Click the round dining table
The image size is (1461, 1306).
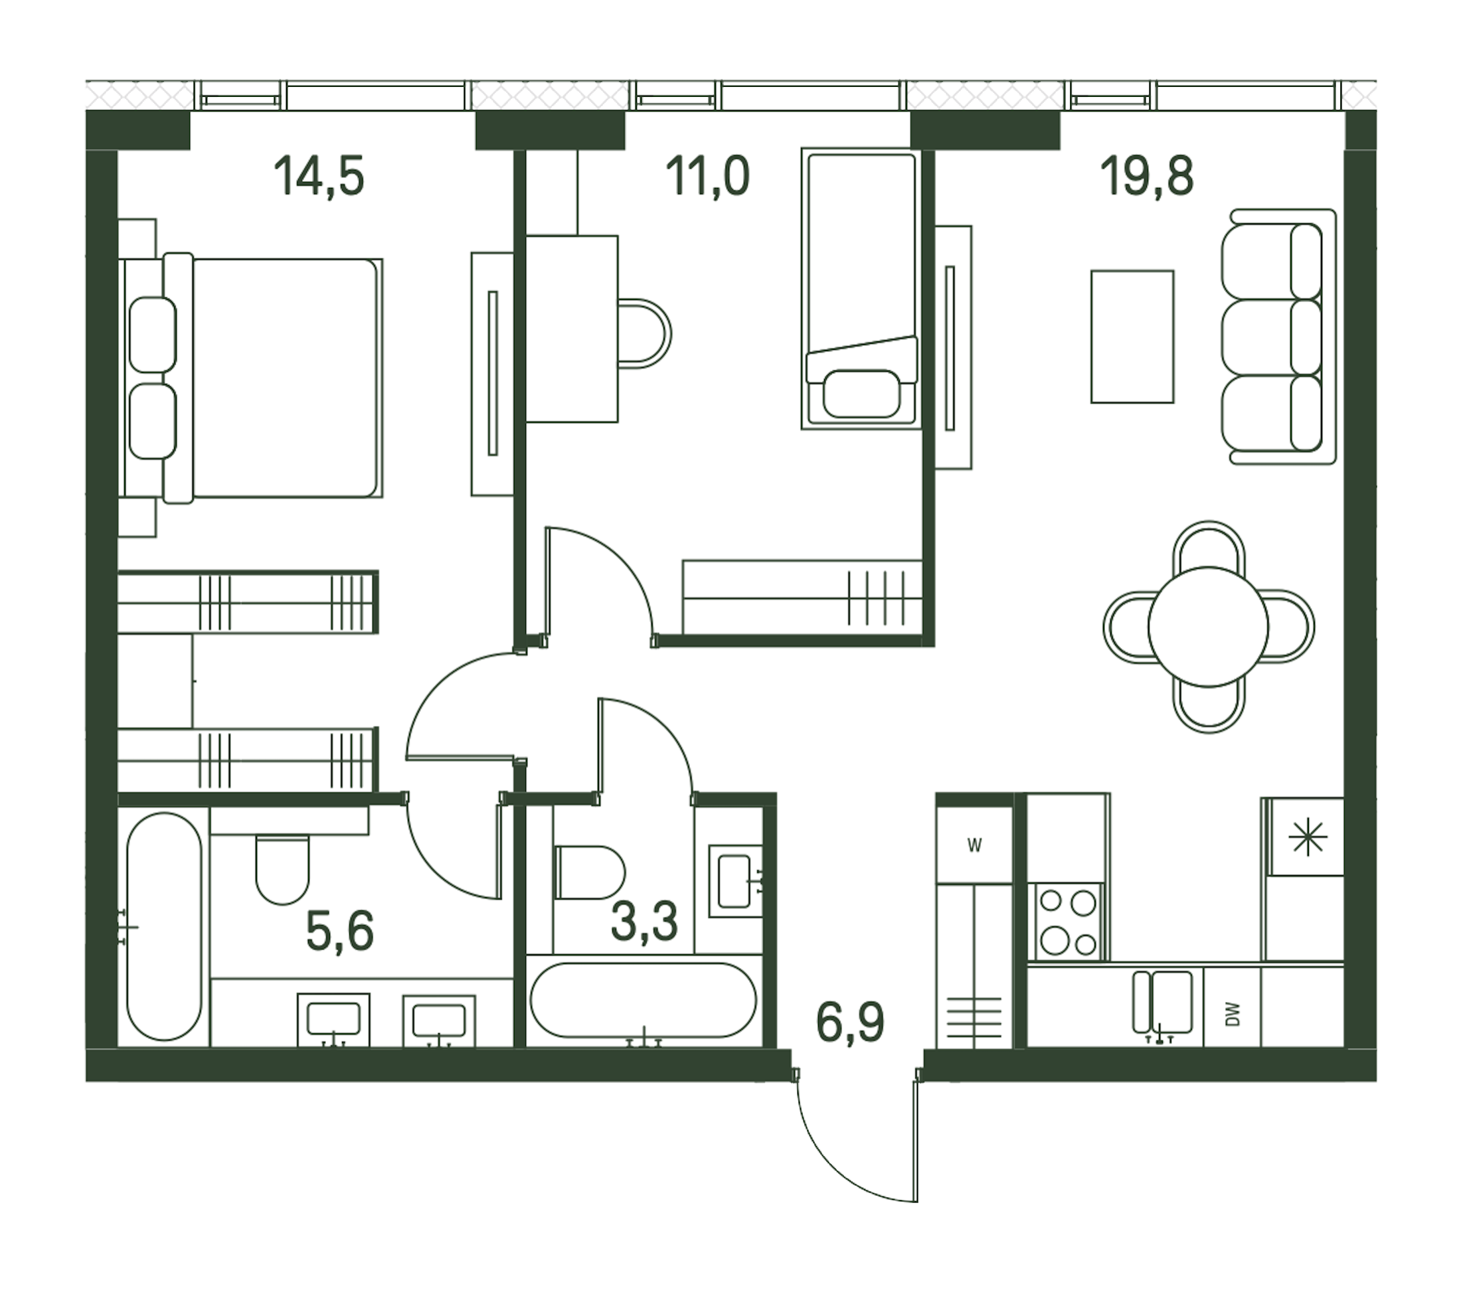1209,627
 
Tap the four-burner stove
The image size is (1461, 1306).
1069,922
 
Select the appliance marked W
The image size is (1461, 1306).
974,845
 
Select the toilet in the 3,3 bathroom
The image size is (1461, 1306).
590,872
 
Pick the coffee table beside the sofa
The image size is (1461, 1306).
1132,337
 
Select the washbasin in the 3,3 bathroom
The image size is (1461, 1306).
734,880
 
